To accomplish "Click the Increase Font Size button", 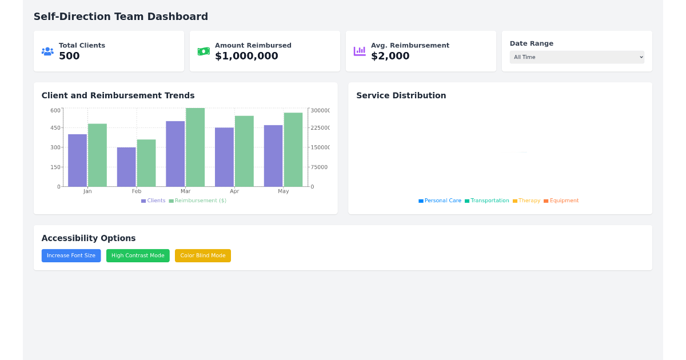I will [71, 255].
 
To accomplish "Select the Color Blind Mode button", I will [202, 255].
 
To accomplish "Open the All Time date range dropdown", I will [576, 57].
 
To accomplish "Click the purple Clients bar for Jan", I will [77, 161].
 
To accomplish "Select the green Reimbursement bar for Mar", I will [195, 147].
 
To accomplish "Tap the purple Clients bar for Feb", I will [126, 167].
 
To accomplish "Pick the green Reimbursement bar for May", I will [293, 150].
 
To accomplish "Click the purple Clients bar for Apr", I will [224, 157].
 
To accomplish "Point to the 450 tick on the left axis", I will [55, 128].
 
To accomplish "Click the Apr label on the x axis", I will [234, 191].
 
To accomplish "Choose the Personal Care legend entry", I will [440, 201].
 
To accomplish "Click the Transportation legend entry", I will [486, 201].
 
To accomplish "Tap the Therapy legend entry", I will [526, 201].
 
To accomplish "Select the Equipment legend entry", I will [561, 201].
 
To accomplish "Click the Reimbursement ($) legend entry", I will [197, 201].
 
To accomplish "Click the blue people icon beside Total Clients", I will [47, 51].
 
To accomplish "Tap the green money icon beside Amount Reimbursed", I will [204, 51].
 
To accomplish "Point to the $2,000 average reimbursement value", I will [390, 56].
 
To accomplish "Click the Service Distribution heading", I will [401, 95].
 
